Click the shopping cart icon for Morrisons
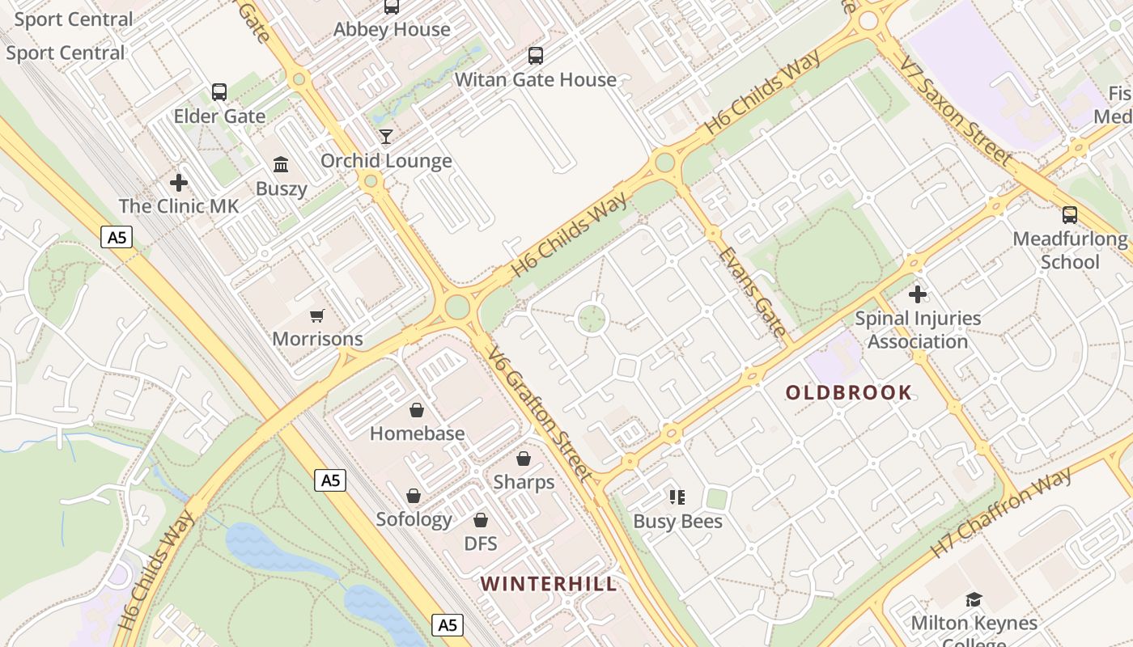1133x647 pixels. pyautogui.click(x=316, y=315)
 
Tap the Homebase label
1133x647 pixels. pyautogui.click(x=417, y=433)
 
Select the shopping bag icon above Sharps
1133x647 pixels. pyautogui.click(x=524, y=459)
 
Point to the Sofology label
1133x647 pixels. pyautogui.click(x=414, y=519)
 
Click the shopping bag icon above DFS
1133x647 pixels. pyautogui.click(x=481, y=519)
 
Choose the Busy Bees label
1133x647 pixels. pyautogui.click(x=677, y=522)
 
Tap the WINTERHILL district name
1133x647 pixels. pyautogui.click(x=548, y=584)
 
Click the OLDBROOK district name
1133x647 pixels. pyautogui.click(x=849, y=393)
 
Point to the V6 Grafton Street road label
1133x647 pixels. pyautogui.click(x=540, y=412)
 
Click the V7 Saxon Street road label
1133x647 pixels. pyautogui.click(x=957, y=104)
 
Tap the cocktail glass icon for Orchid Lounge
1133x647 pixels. pyautogui.click(x=386, y=136)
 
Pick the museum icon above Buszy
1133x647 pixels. pyautogui.click(x=281, y=165)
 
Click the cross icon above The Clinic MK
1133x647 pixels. pyautogui.click(x=179, y=183)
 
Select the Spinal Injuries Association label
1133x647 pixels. pyautogui.click(x=917, y=330)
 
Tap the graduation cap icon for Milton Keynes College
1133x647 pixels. pyautogui.click(x=974, y=599)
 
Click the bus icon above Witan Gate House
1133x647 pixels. pyautogui.click(x=535, y=56)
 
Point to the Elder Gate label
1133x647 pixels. pyautogui.click(x=219, y=116)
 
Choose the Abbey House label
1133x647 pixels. pyautogui.click(x=392, y=30)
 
